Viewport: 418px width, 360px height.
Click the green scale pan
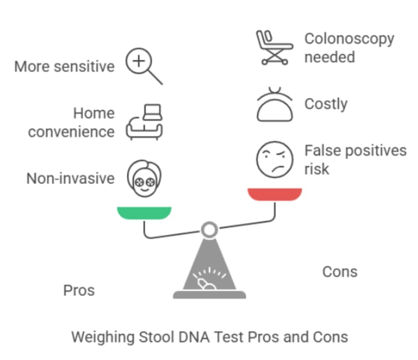click(x=145, y=213)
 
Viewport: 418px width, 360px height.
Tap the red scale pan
click(x=275, y=194)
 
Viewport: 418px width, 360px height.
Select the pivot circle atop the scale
click(x=210, y=230)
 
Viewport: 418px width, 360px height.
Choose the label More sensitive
click(x=64, y=66)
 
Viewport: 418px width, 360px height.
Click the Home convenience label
click(x=71, y=122)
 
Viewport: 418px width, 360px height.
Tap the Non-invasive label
click(x=70, y=178)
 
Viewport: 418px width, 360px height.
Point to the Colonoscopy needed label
click(x=349, y=48)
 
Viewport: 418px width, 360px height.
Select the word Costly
click(x=326, y=104)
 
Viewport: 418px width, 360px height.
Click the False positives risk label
click(x=355, y=160)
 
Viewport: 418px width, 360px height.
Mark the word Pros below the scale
click(x=78, y=290)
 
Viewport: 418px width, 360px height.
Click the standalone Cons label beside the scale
click(x=340, y=272)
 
